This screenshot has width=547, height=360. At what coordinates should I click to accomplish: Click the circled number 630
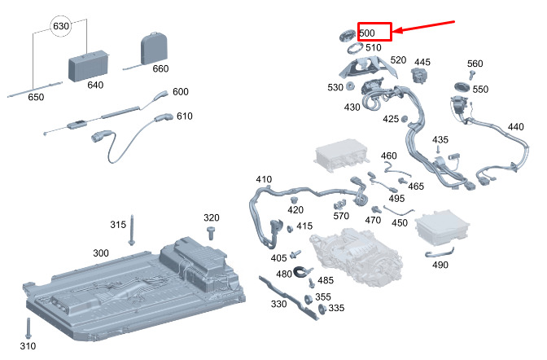coord(61,26)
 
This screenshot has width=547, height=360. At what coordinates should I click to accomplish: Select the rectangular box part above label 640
coord(88,62)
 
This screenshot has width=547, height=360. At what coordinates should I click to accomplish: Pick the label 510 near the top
coord(373,48)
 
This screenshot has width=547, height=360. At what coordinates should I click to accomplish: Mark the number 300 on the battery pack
coord(100,253)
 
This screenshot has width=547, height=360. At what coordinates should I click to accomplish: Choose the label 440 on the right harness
coord(515,127)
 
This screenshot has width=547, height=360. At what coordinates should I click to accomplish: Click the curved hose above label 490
coord(435,254)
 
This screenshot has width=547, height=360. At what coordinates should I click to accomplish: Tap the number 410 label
coord(264,179)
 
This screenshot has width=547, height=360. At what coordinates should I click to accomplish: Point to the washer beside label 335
coord(321,309)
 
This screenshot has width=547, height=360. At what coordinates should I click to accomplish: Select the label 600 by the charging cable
coord(180,92)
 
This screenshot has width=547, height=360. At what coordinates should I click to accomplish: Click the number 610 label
coord(184,116)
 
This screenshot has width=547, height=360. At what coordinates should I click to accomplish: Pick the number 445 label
coord(422,62)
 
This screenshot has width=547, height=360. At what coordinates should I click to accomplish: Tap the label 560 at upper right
coord(475,64)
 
